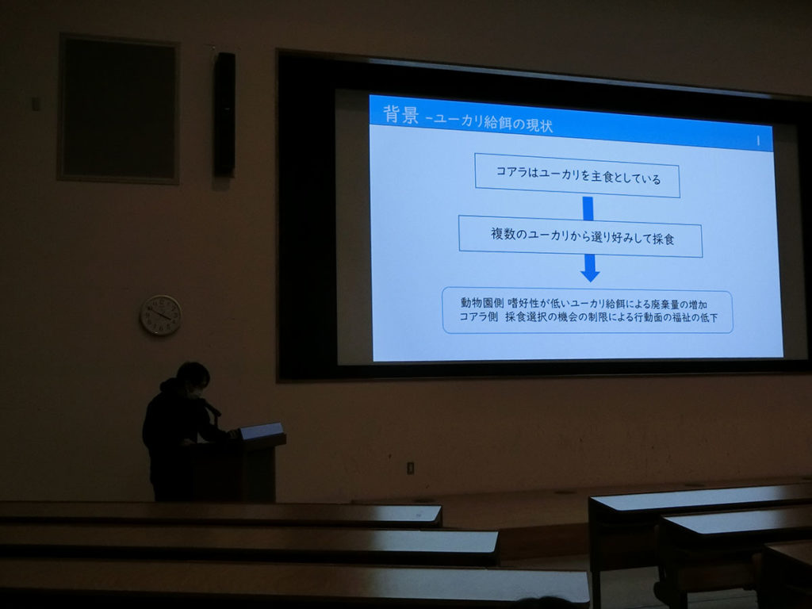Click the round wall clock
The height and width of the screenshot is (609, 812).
click(161, 315)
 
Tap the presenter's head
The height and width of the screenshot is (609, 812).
click(193, 379)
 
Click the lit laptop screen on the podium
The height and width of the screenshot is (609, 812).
click(261, 431)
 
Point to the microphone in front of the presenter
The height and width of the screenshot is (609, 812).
click(211, 408)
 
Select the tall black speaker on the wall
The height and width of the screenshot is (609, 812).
click(224, 114)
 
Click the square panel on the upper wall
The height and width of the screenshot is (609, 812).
click(119, 109)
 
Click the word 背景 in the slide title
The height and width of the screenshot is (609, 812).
click(400, 114)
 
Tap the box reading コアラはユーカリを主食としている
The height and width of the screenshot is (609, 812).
click(577, 175)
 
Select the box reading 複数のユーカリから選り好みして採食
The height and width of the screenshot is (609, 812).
click(580, 236)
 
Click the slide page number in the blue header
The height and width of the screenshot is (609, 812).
click(758, 141)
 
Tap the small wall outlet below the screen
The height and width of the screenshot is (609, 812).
click(410, 468)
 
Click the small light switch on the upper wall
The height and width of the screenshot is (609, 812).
click(35, 104)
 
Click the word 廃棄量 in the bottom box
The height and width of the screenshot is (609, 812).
click(668, 304)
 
